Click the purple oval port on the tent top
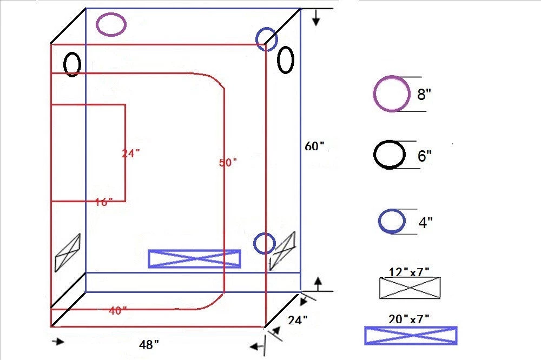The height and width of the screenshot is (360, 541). point(111,24)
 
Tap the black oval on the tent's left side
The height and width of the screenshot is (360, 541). point(72,64)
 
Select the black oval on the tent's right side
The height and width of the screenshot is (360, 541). point(286,59)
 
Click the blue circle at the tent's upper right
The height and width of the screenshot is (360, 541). point(266,39)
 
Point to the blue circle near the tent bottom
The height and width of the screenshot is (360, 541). point(265,243)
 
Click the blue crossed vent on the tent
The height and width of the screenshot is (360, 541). point(194,258)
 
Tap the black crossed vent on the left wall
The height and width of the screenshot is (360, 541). point(68,252)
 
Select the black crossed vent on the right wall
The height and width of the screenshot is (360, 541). point(283,250)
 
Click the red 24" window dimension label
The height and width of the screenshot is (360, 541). point(131,154)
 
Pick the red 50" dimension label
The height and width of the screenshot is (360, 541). point(228,163)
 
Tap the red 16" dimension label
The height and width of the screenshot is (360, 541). point(104,202)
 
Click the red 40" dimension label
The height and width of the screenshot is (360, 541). point(117,311)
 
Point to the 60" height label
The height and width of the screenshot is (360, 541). point(314,146)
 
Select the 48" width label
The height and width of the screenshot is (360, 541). point(149,344)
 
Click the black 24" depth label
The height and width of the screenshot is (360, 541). point(298,320)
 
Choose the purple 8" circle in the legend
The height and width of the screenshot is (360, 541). point(391,94)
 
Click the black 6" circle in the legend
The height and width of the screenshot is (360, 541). point(390,155)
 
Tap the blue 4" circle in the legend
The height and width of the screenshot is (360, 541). point(392,221)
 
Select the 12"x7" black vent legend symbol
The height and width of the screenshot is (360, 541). point(410,288)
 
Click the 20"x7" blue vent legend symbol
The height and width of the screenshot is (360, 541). point(411,335)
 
